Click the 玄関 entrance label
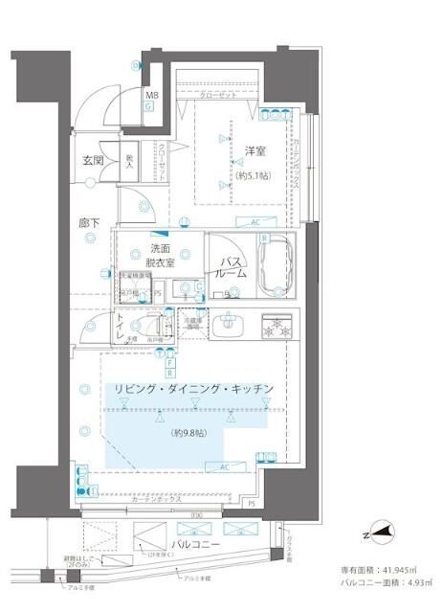93,160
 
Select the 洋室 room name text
255,151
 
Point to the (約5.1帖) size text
255,176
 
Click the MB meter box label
151,96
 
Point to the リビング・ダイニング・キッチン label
194,388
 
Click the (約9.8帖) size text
191,434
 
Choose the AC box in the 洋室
255,222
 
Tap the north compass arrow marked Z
383,534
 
